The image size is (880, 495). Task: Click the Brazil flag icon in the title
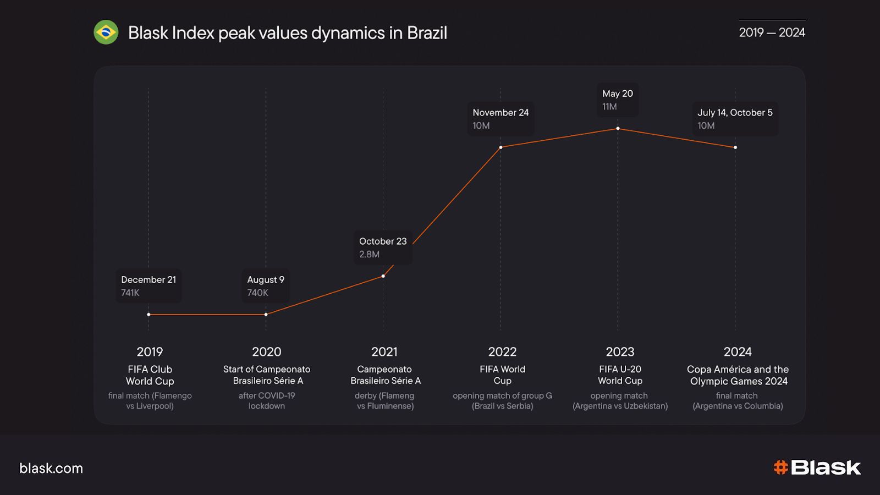(x=106, y=32)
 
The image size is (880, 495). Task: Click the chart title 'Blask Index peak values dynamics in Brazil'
(x=287, y=33)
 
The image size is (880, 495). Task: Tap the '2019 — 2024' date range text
(x=772, y=32)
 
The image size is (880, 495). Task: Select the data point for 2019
(x=148, y=315)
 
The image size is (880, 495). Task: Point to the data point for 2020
(x=266, y=315)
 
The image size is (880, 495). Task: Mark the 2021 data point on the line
(x=383, y=276)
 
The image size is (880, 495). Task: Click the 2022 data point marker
(x=501, y=147)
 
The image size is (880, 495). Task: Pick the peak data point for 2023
(x=618, y=129)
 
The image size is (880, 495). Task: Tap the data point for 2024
(x=735, y=147)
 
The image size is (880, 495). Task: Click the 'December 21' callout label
(x=148, y=279)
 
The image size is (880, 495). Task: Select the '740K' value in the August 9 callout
(x=257, y=293)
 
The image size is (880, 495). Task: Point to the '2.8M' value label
(x=369, y=254)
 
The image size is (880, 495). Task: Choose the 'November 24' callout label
(x=501, y=112)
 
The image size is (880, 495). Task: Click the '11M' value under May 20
(x=609, y=107)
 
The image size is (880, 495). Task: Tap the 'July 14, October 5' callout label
(x=735, y=112)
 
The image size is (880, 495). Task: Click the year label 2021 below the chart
(x=384, y=351)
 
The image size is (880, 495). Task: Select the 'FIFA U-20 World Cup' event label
(x=620, y=375)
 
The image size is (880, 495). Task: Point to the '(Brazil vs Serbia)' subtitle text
(x=502, y=406)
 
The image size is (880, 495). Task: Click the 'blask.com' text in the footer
(x=51, y=468)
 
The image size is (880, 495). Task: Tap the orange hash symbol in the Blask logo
(x=780, y=468)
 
